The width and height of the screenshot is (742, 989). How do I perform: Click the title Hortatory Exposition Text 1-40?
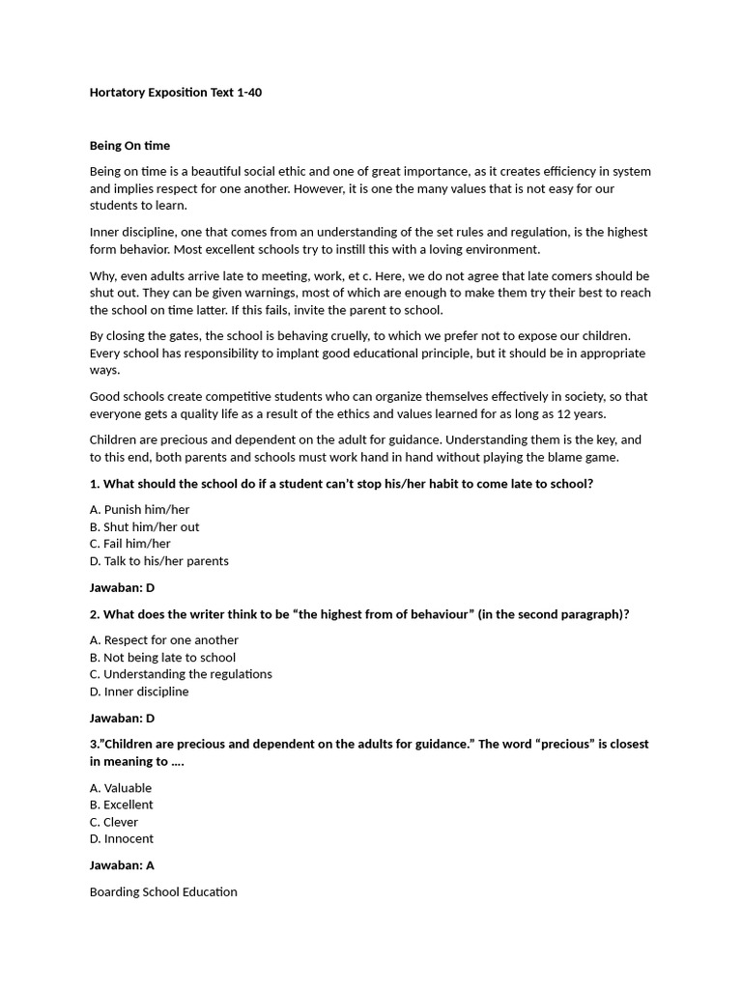(175, 93)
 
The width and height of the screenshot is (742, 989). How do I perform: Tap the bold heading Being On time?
(129, 146)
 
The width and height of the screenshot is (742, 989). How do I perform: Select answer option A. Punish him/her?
(139, 510)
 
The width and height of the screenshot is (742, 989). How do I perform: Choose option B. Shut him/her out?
(144, 527)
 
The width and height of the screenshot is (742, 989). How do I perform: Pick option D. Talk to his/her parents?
(158, 561)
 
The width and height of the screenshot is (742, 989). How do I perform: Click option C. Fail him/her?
(129, 544)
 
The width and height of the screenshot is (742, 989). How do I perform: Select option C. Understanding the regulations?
(181, 674)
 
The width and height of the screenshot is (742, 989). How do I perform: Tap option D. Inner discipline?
(139, 692)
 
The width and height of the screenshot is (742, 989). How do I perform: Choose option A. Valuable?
(121, 788)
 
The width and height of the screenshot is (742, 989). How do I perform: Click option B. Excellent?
(121, 805)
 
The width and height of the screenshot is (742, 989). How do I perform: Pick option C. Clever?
(114, 822)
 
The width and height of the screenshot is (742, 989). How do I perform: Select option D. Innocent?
(121, 838)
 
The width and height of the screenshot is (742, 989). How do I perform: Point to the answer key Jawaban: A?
(122, 865)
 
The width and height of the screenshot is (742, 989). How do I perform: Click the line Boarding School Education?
(163, 891)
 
